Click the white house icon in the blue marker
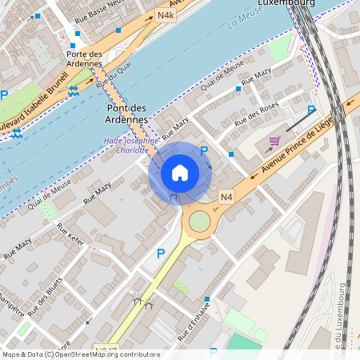[x=180, y=172]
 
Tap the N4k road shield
[x=166, y=14]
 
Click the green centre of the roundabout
[x=199, y=221]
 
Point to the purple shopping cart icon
[x=274, y=141]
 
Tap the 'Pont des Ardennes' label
[x=126, y=113]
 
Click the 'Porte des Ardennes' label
[x=85, y=58]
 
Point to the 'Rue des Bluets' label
[x=45, y=303]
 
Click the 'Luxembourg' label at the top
[x=286, y=3]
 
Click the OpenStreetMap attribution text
[x=80, y=354]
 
